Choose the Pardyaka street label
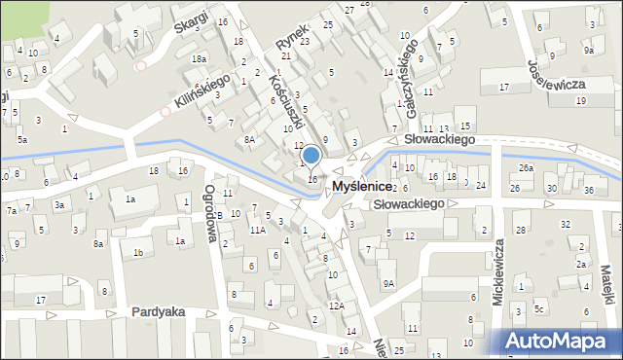click(x=162, y=312)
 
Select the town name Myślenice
click(x=363, y=185)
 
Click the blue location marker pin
click(x=311, y=156)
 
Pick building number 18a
click(x=199, y=59)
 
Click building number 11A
click(x=257, y=231)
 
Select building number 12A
click(x=336, y=306)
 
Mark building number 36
click(x=590, y=189)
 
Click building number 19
click(x=581, y=101)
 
